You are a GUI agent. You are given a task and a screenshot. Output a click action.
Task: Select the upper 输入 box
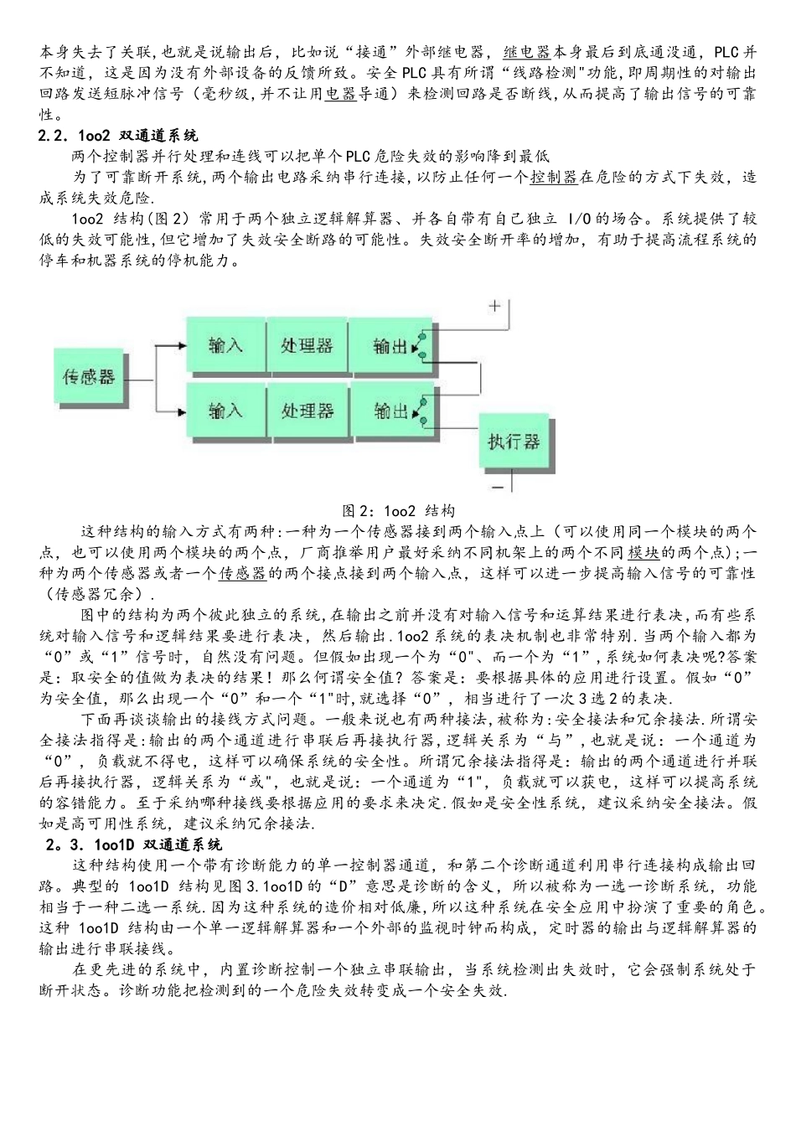[225, 344]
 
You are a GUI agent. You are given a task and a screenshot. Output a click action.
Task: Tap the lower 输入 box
[225, 410]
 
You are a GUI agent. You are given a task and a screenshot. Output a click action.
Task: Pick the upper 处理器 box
[307, 344]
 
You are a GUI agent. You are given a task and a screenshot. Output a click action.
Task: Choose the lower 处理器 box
[307, 410]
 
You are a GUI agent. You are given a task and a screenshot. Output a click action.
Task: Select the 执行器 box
[514, 442]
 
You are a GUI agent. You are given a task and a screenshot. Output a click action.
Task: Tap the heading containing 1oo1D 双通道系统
[134, 844]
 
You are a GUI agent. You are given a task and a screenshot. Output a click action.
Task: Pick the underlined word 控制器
[554, 177]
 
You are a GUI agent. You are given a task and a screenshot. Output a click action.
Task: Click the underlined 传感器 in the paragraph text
[242, 573]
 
